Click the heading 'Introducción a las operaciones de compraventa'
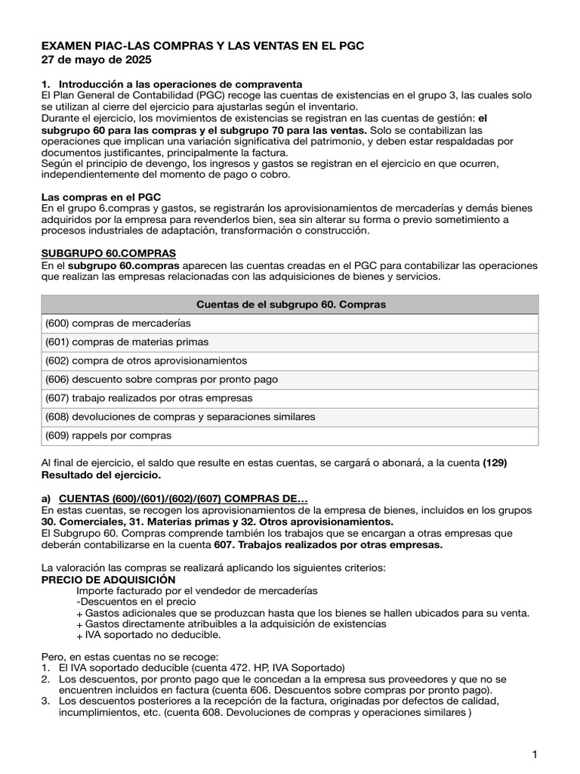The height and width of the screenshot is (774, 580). click(x=181, y=83)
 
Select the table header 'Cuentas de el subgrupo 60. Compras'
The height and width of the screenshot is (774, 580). click(x=291, y=305)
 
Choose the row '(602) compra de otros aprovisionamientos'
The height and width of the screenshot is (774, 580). click(x=146, y=361)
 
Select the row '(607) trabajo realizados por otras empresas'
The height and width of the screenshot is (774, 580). click(x=149, y=398)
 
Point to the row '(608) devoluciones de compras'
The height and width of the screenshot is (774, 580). click(x=180, y=417)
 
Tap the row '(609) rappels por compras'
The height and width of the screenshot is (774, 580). click(x=109, y=436)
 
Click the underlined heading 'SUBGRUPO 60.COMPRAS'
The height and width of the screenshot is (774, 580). click(x=109, y=252)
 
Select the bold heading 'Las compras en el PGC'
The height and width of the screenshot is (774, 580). click(x=101, y=197)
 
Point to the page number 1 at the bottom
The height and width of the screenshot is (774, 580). click(x=534, y=754)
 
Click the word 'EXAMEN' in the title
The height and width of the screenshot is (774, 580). click(x=67, y=46)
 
